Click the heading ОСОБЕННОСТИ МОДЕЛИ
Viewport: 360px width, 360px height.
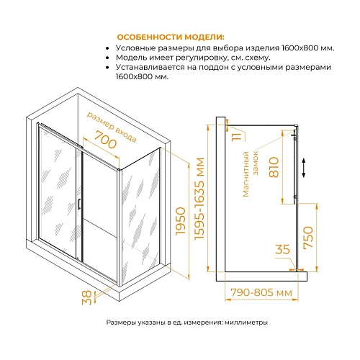point(170,36)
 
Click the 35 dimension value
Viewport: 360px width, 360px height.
point(282,250)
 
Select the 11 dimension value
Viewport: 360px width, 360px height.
point(239,135)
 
